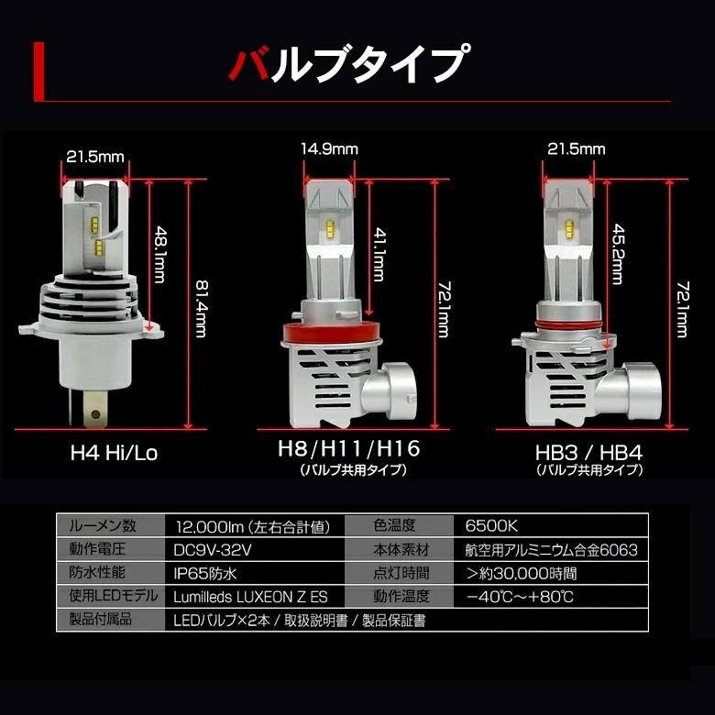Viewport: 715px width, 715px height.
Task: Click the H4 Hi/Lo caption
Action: [108, 452]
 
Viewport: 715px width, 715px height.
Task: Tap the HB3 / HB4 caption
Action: [589, 452]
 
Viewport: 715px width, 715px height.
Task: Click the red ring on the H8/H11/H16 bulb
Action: [327, 332]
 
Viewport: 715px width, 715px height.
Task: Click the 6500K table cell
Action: [491, 526]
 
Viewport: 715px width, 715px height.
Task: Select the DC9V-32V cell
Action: [211, 550]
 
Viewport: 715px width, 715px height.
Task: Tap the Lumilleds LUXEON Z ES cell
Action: [244, 597]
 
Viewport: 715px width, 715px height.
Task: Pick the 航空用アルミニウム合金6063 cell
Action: [551, 550]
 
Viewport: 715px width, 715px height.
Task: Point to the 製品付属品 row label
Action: [101, 620]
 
